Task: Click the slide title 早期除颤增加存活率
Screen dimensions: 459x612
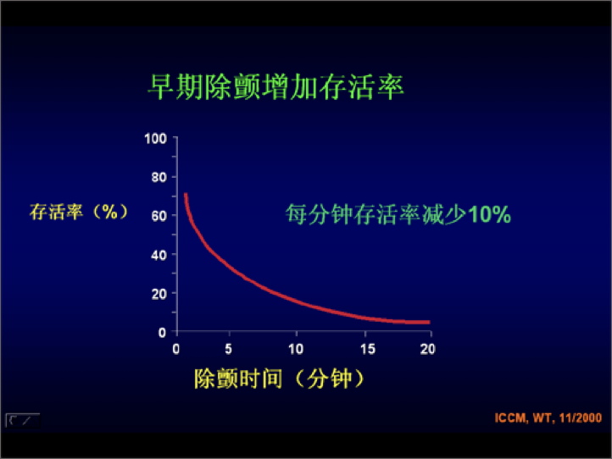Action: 275,87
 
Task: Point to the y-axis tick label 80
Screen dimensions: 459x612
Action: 159,177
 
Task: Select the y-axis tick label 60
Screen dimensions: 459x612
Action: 159,216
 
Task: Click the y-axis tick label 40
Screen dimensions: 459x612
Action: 159,255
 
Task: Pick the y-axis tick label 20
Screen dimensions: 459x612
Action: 159,294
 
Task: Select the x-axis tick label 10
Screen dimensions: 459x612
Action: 296,348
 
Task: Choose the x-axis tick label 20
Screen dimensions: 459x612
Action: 427,348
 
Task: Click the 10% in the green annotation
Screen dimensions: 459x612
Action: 489,215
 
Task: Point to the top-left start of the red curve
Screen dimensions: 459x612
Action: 186,196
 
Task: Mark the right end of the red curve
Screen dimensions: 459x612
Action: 428,322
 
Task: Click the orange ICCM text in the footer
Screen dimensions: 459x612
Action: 509,418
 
